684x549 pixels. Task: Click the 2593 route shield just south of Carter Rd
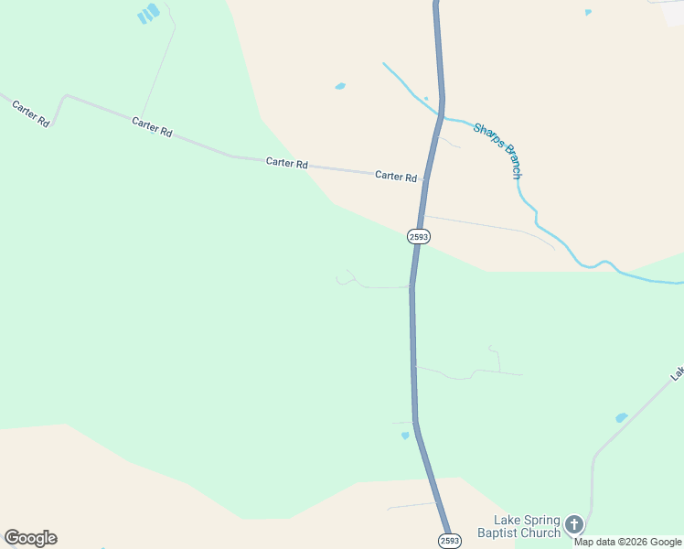[418, 236]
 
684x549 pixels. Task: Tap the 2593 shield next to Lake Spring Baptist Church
[448, 541]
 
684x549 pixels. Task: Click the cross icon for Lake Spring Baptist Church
[573, 524]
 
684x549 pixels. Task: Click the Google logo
[30, 538]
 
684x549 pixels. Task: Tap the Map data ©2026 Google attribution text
[628, 542]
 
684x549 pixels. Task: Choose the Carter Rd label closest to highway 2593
[396, 176]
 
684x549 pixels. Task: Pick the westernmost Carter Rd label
[30, 113]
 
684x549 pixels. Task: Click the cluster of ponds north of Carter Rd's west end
[147, 14]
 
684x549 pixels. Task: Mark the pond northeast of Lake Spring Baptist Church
[622, 417]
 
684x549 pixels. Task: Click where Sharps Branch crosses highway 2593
[440, 115]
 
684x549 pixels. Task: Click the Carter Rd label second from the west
[152, 126]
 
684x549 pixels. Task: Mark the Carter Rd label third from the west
[286, 163]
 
